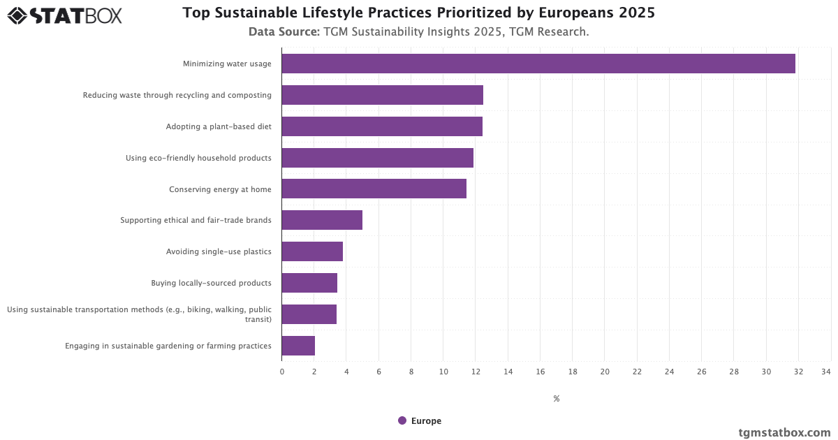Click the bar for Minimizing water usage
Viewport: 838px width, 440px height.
[x=538, y=64]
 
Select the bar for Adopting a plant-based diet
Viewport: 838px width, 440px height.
[x=382, y=126]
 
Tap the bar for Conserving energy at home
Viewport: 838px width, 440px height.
[x=374, y=189]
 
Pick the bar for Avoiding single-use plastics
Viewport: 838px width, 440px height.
[x=312, y=251]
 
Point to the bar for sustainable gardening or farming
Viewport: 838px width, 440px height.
[x=298, y=346]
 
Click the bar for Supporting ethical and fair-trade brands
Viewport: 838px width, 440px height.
[x=322, y=220]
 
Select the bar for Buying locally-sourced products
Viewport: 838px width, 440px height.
[x=309, y=283]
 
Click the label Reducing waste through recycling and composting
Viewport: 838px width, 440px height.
[x=177, y=95]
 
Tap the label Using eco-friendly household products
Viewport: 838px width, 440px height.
[x=198, y=158]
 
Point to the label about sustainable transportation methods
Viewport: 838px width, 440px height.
[x=139, y=314]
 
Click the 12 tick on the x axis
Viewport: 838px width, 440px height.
[x=476, y=372]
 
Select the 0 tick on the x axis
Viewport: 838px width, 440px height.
[x=282, y=372]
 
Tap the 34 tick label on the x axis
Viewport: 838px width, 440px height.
[x=826, y=372]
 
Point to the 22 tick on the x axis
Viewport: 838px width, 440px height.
[x=637, y=372]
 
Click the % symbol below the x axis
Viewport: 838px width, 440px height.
[x=557, y=399]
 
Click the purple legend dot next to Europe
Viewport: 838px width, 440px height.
[x=402, y=420]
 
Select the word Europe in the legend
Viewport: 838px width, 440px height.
[x=426, y=420]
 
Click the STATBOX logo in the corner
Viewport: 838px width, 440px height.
[x=64, y=15]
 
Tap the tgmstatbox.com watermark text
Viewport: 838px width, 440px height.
[x=784, y=432]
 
